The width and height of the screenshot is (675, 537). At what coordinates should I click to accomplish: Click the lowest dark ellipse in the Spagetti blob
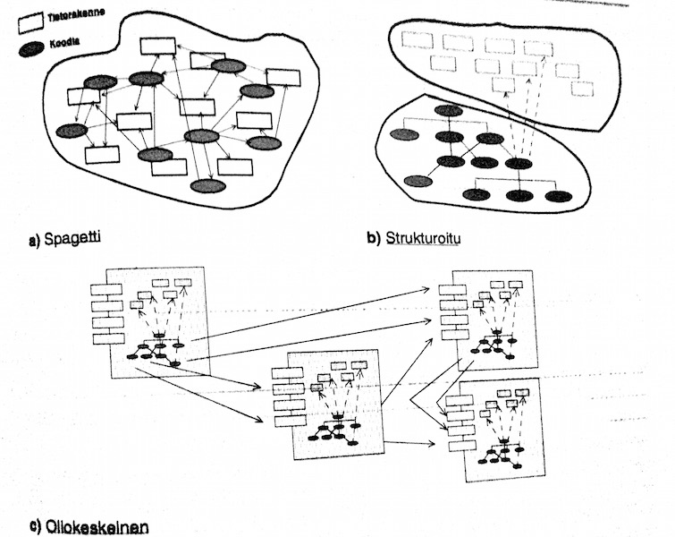click(207, 186)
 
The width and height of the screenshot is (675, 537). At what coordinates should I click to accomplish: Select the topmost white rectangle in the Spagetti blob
click(157, 46)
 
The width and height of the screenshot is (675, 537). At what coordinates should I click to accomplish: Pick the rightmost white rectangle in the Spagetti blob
click(283, 77)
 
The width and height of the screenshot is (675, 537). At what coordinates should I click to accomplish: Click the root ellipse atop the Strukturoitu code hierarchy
click(448, 110)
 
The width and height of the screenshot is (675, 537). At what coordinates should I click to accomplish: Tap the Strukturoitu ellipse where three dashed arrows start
click(519, 163)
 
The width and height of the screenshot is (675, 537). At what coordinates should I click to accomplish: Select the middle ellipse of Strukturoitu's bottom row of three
click(519, 195)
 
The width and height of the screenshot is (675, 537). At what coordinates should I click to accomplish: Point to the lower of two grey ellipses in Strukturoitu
click(417, 181)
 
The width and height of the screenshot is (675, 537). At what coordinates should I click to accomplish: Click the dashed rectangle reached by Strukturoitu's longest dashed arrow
click(539, 48)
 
